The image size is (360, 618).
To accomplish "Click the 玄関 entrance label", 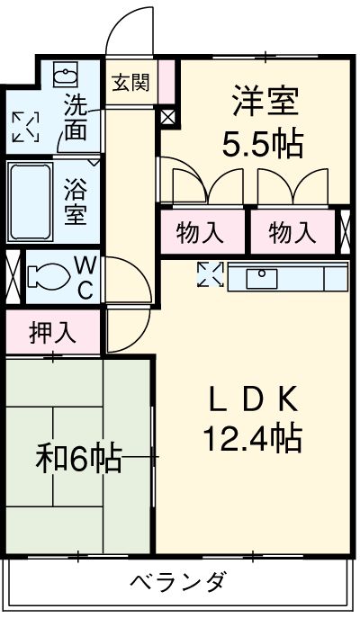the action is pyautogui.click(x=130, y=83).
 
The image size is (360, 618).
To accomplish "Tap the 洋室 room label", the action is pyautogui.click(x=265, y=101).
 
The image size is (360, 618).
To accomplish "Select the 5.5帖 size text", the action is pyautogui.click(x=263, y=144).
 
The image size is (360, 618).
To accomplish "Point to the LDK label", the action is pyautogui.click(x=253, y=400).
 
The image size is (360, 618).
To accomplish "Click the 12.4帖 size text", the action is pyautogui.click(x=253, y=438).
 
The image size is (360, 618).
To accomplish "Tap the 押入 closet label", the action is pyautogui.click(x=53, y=334).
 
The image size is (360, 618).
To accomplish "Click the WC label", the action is pyautogui.click(x=85, y=279).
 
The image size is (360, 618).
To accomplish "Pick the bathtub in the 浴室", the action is pyautogui.click(x=31, y=202).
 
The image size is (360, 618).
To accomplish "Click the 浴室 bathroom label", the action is pyautogui.click(x=76, y=202).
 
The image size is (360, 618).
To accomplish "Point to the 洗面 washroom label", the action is pyautogui.click(x=76, y=117).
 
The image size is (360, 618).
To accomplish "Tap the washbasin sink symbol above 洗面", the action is pyautogui.click(x=66, y=75).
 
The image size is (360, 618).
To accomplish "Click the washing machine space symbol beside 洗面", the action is pyautogui.click(x=26, y=127).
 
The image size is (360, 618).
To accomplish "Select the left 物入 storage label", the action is pyautogui.click(x=200, y=233).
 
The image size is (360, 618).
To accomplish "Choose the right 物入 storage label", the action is pyautogui.click(x=292, y=233).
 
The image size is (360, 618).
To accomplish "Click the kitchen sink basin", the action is pyautogui.click(x=262, y=278).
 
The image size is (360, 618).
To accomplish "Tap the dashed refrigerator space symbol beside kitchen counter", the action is pyautogui.click(x=211, y=274).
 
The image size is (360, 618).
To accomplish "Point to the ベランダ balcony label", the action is pyautogui.click(x=178, y=582).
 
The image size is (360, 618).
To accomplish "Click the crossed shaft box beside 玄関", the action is pyautogui.click(x=168, y=117).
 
